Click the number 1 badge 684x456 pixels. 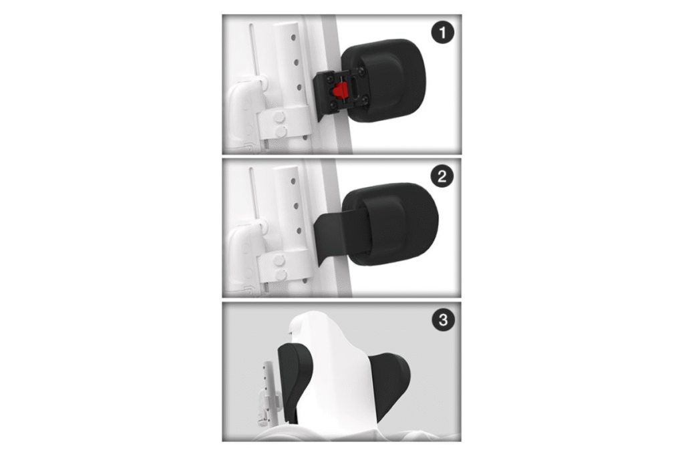click(x=443, y=33)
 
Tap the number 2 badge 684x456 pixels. click(x=442, y=176)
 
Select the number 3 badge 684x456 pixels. click(x=444, y=320)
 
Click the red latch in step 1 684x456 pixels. click(x=339, y=91)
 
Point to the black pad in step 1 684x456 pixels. click(x=384, y=81)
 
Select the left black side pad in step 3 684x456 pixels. click(x=295, y=379)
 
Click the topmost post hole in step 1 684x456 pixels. click(x=293, y=38)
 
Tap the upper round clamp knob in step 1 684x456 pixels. click(x=279, y=118)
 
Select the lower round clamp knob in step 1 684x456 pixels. click(x=280, y=132)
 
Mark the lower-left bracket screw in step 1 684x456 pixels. click(x=333, y=105)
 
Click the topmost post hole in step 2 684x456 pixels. click(x=293, y=182)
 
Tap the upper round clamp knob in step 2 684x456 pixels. click(x=279, y=260)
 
